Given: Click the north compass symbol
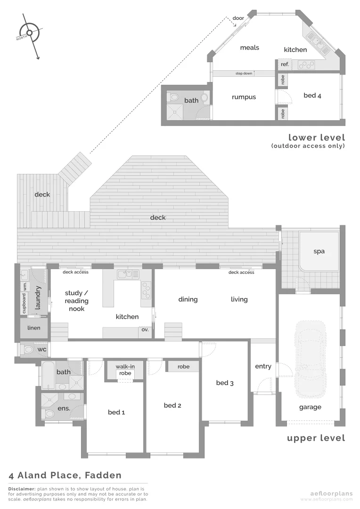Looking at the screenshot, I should pyautogui.click(x=29, y=33).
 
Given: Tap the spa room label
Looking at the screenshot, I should pyautogui.click(x=319, y=251).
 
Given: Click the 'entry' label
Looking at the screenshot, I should pyautogui.click(x=263, y=366).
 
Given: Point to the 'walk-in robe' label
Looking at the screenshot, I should pyautogui.click(x=125, y=369).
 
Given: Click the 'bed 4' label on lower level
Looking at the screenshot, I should pyautogui.click(x=312, y=96).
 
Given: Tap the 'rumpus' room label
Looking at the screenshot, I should pyautogui.click(x=244, y=97).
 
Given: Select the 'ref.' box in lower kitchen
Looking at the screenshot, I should pyautogui.click(x=285, y=64).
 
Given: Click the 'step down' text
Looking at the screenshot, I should pyautogui.click(x=244, y=74).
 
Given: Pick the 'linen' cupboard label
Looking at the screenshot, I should pyautogui.click(x=34, y=328).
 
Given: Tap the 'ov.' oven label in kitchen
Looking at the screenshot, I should pyautogui.click(x=145, y=329).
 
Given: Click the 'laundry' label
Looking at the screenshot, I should pyautogui.click(x=39, y=298).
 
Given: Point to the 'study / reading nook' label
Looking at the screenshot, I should pyautogui.click(x=76, y=301).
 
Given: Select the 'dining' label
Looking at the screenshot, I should pyautogui.click(x=188, y=299).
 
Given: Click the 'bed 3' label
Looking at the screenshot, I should pyautogui.click(x=225, y=383).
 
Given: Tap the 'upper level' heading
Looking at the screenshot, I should pyautogui.click(x=316, y=438).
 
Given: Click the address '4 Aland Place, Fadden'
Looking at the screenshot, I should pyautogui.click(x=65, y=475).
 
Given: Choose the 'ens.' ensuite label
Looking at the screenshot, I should pyautogui.click(x=63, y=409).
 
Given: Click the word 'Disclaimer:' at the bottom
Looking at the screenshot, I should pyautogui.click(x=22, y=489).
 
